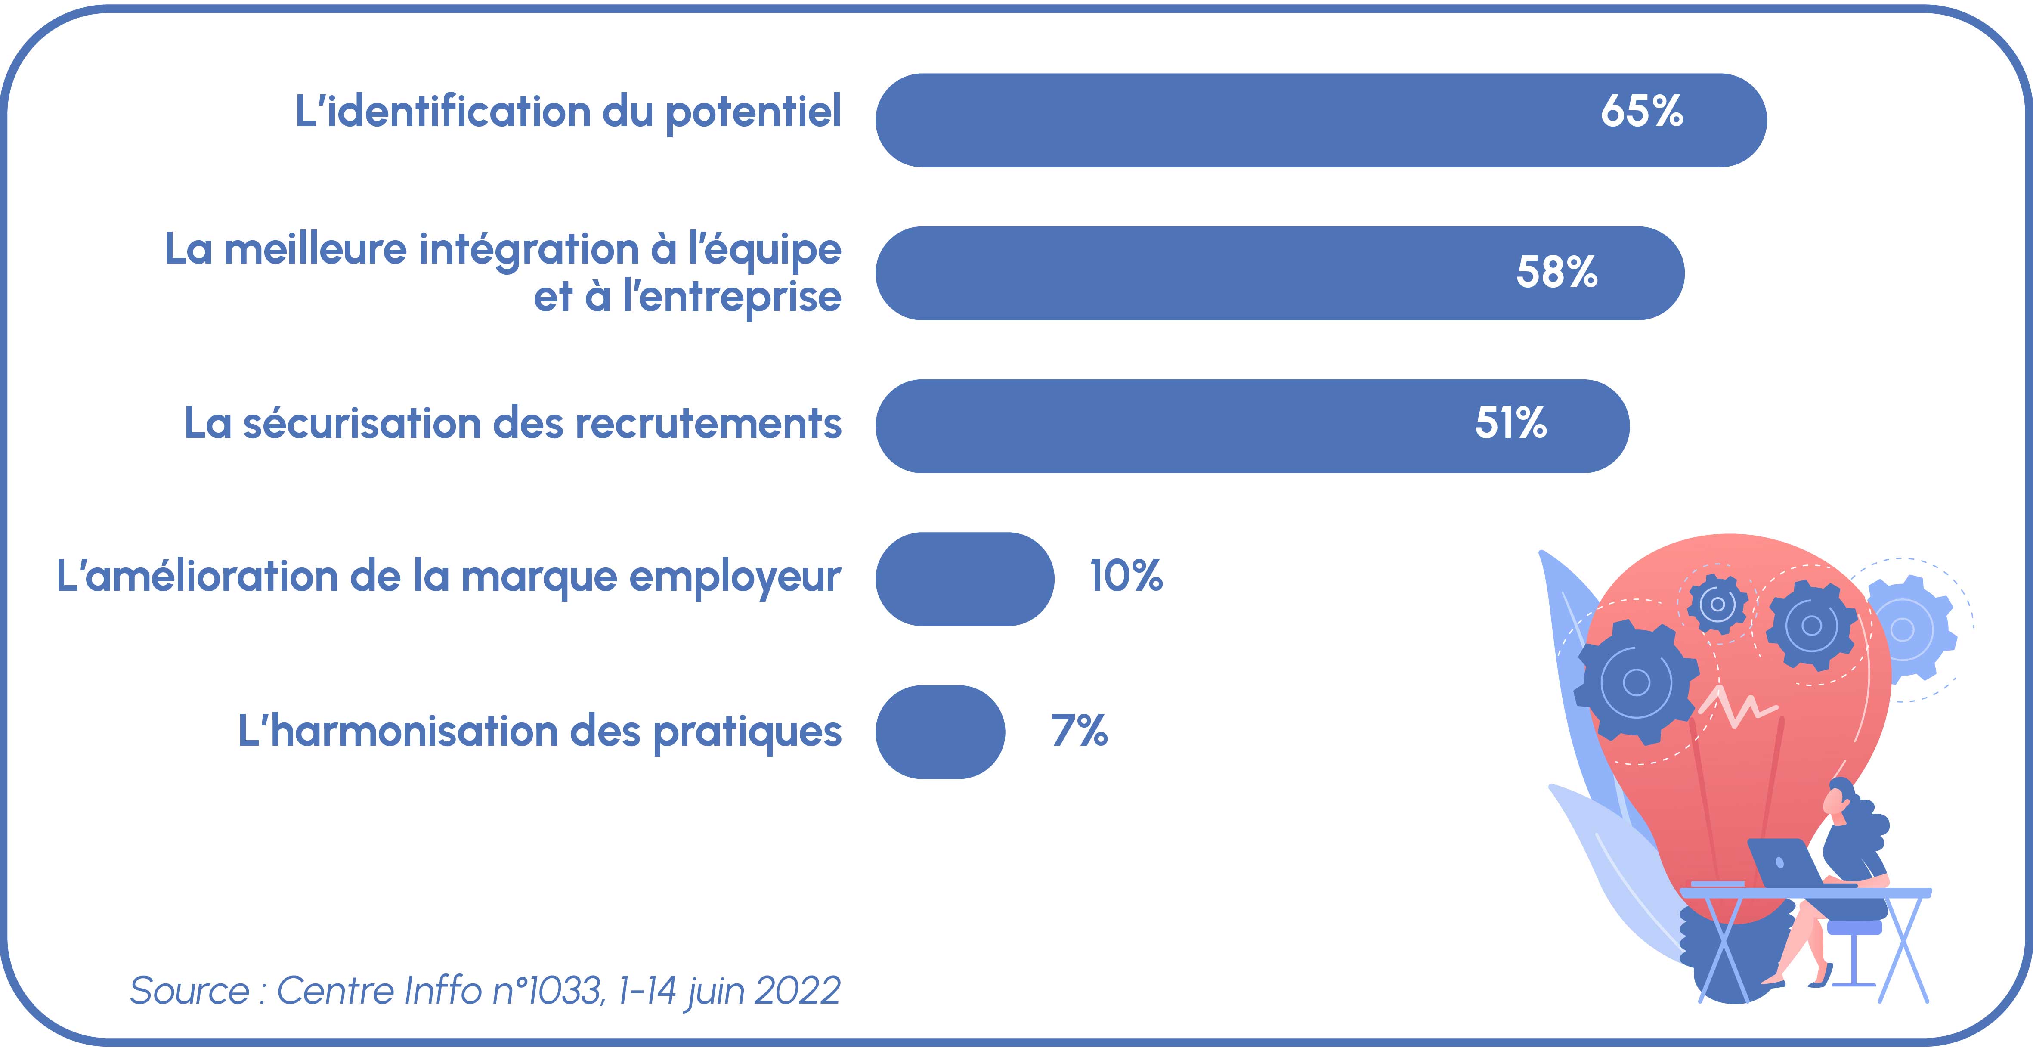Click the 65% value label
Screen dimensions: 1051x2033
tap(1642, 112)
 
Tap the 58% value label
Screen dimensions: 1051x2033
tap(1556, 273)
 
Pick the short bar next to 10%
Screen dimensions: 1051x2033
tap(964, 579)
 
